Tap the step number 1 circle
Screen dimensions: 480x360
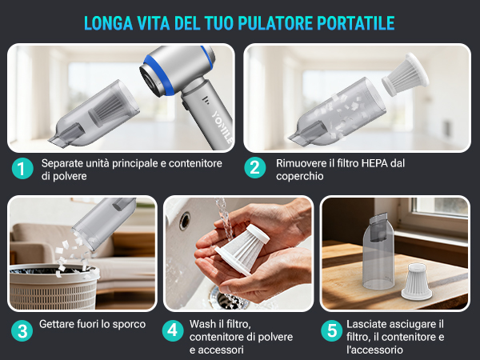coord(22,168)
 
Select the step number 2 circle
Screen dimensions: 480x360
coord(255,168)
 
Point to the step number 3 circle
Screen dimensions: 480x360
coord(22,331)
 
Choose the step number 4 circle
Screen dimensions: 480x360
coord(173,330)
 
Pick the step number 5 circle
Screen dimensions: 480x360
coord(332,330)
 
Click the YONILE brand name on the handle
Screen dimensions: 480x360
coord(222,126)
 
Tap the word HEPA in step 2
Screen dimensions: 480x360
coord(374,163)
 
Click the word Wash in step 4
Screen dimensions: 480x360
coord(202,324)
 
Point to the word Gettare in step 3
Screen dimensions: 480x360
coord(56,324)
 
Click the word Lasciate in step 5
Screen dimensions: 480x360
coord(364,324)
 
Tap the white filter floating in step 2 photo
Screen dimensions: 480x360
coord(405,74)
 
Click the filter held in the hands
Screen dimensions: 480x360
coord(242,249)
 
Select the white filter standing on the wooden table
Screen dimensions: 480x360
coord(416,281)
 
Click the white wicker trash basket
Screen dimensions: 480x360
coord(54,286)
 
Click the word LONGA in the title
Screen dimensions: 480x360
coord(108,23)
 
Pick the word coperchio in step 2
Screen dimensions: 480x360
coord(300,176)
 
